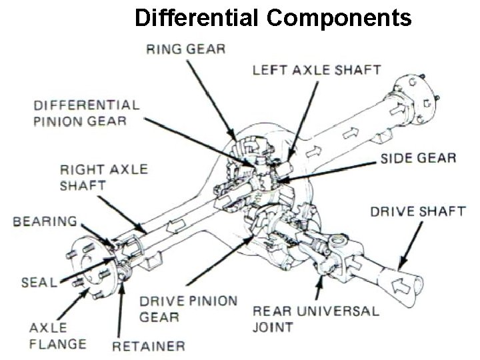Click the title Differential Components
point(273,17)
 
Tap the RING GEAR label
point(185,49)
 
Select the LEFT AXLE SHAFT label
point(317,69)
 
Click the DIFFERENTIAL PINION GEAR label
point(87,113)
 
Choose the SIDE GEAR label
point(418,159)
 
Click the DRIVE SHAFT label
point(417,211)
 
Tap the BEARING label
point(44,221)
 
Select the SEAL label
point(39,282)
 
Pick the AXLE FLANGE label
point(57,335)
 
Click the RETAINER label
point(148,345)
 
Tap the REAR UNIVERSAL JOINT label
point(315,319)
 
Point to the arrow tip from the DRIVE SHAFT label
point(399,268)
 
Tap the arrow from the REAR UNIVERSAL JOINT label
point(318,288)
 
